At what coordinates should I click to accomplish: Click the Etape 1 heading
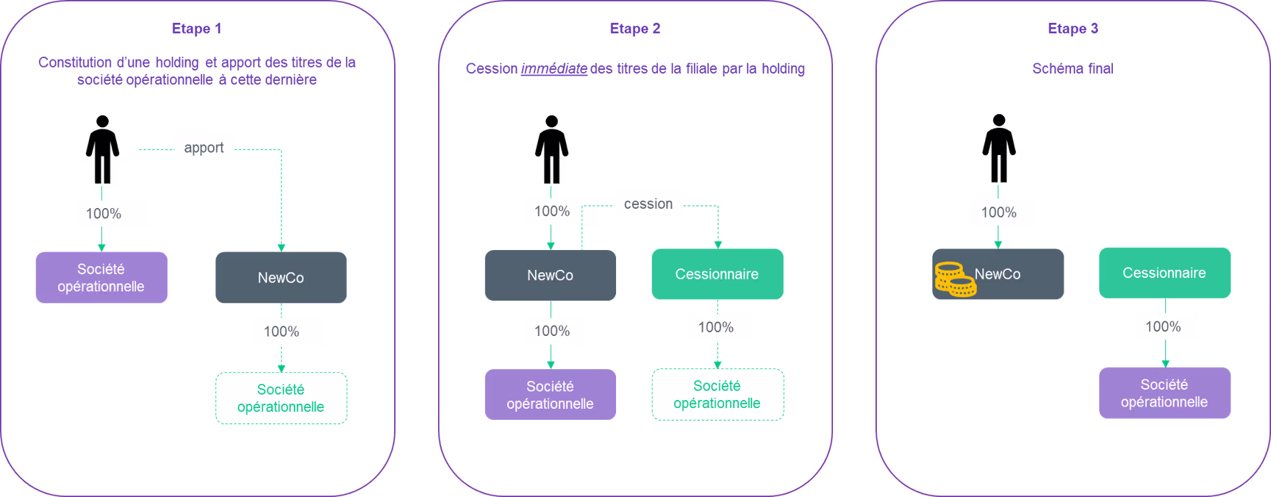[x=196, y=29]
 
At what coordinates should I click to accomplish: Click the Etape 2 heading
[x=635, y=29]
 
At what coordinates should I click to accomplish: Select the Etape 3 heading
[x=1073, y=29]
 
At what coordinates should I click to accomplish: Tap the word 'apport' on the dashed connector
[x=204, y=148]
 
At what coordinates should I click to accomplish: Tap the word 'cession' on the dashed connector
[x=648, y=204]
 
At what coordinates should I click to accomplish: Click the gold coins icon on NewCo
[x=955, y=279]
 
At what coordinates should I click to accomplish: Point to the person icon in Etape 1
[x=102, y=149]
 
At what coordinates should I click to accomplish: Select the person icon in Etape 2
[x=551, y=149]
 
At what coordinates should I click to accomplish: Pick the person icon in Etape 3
[x=999, y=148]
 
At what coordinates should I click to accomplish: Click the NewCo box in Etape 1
[x=281, y=277]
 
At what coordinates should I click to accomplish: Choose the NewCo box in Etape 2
[x=551, y=275]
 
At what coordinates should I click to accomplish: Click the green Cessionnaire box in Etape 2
[x=717, y=274]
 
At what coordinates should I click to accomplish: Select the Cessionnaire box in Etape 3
[x=1164, y=273]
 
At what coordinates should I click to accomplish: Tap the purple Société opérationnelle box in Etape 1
[x=101, y=277]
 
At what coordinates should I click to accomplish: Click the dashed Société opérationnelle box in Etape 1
[x=281, y=398]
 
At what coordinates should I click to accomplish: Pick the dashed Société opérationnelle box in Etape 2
[x=717, y=394]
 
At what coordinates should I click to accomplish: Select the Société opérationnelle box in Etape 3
[x=1164, y=393]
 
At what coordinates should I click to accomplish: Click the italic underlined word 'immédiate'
[x=554, y=68]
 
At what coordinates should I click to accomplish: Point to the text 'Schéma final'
[x=1073, y=68]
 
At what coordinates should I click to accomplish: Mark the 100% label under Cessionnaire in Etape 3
[x=1163, y=326]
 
